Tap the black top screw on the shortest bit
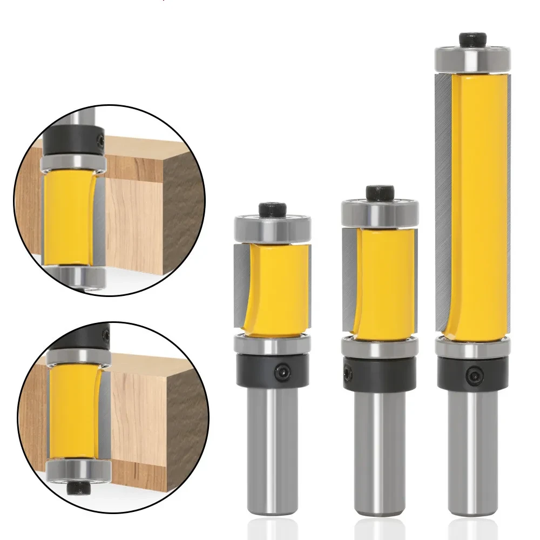tap(272, 209)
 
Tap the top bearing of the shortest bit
tap(272, 228)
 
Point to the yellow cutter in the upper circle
tap(67, 216)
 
